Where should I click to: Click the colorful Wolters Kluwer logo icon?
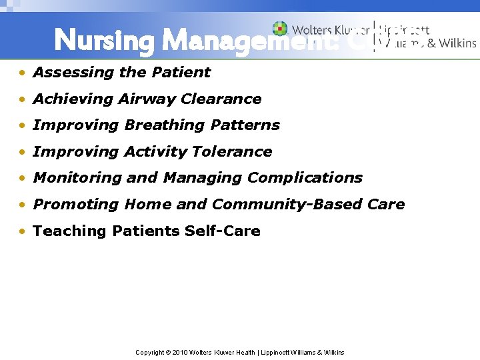tap(280, 29)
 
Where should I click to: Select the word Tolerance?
tap(232, 152)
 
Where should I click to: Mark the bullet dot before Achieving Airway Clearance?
tap(23, 99)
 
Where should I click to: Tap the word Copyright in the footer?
tap(150, 352)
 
